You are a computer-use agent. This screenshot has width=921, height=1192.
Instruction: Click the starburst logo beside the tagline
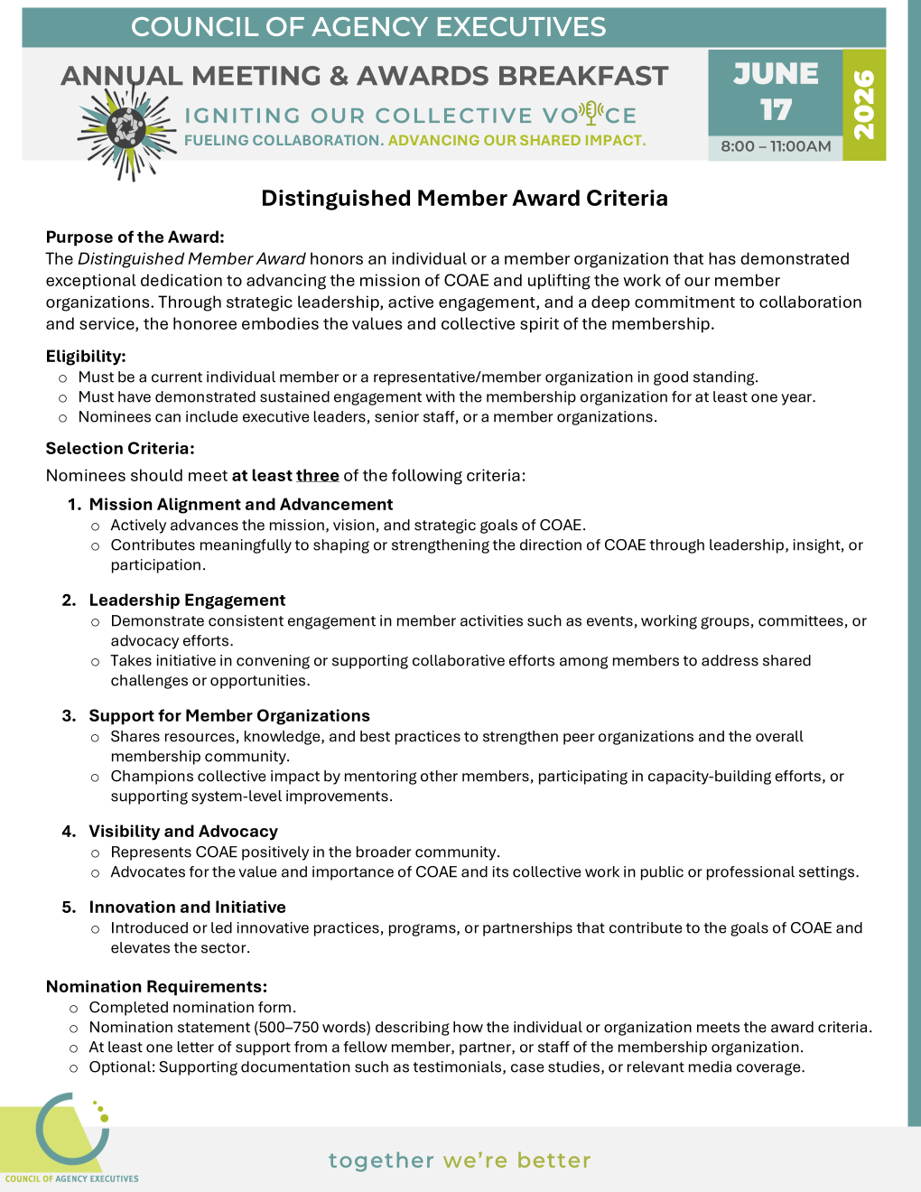pos(126,130)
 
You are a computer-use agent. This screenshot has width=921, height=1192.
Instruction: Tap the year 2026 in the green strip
pos(864,105)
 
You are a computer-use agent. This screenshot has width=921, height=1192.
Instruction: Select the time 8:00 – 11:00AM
pos(776,146)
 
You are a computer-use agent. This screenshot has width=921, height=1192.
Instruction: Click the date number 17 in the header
pos(776,110)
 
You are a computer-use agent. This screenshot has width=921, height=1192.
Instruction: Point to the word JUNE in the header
pos(776,73)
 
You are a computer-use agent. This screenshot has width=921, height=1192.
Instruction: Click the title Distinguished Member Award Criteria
pos(464,199)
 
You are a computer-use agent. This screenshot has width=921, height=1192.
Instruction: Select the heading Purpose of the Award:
pos(135,237)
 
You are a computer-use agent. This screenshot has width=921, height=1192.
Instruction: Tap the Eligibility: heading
pos(86,357)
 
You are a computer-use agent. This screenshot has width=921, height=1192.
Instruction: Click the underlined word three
pos(317,476)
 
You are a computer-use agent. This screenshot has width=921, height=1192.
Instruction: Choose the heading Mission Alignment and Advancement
pos(241,505)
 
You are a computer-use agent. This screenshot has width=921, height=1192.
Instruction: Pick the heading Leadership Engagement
pos(187,601)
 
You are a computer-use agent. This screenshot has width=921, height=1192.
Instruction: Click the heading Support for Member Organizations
pos(229,716)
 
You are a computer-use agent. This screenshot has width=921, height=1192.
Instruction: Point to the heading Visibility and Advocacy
pos(183,832)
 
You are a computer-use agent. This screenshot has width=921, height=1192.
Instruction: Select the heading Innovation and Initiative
pos(187,908)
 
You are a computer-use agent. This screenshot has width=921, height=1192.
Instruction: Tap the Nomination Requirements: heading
pos(156,987)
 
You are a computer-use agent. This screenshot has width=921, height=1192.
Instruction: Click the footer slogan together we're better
pos(460,1160)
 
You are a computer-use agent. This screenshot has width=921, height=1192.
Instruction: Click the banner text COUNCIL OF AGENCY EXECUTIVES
pos(368,27)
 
